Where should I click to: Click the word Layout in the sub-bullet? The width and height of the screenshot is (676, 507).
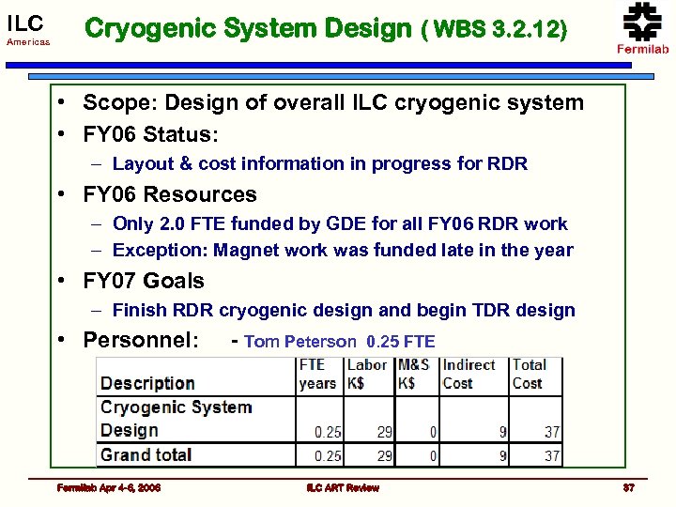point(140,164)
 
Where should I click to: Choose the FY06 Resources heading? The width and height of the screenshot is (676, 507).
point(170,195)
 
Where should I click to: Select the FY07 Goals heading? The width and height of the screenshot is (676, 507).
point(144,281)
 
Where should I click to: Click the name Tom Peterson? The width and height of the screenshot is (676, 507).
point(300,343)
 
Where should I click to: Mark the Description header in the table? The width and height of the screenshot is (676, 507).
point(147,383)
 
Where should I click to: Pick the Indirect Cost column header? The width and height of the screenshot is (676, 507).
point(469,374)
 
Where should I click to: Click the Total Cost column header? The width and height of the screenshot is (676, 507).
point(529,374)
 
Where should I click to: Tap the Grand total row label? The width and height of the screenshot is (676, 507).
point(146,455)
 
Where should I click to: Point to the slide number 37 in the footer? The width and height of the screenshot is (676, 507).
point(628,487)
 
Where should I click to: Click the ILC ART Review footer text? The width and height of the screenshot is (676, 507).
point(343,487)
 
